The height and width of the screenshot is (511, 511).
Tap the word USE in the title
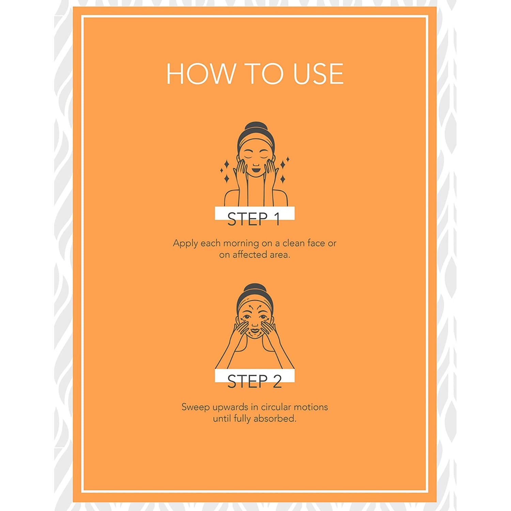click(318, 74)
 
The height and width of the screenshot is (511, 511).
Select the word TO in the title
click(264, 74)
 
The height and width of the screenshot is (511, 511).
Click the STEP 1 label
click(254, 219)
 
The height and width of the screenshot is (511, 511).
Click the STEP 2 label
click(254, 381)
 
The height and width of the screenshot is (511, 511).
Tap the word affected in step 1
click(249, 255)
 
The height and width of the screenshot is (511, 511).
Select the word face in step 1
click(316, 243)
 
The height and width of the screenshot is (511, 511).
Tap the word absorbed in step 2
click(275, 419)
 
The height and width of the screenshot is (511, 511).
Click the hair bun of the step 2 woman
click(254, 288)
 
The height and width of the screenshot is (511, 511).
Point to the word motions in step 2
click(311, 407)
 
